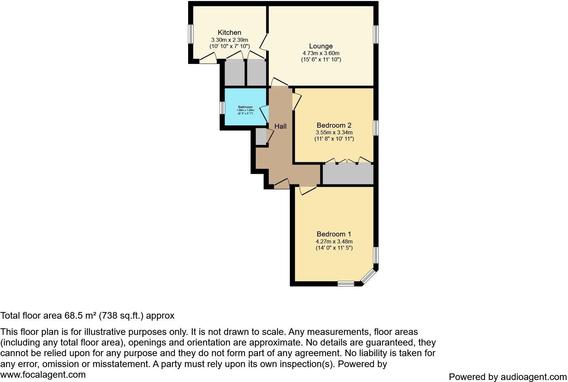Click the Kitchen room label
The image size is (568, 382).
pos(229,32)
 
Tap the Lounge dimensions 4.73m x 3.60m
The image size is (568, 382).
pos(321,53)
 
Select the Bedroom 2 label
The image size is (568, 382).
pos(334,125)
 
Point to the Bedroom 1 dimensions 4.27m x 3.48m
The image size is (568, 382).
pos(334,241)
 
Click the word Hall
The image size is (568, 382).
pos(280,126)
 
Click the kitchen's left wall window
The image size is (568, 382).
pos(191,34)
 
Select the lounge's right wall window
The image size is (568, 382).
pos(376,34)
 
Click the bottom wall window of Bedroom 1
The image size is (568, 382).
pos(346,284)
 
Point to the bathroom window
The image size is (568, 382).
pos(222,108)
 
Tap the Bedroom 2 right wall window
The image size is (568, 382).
pos(376,128)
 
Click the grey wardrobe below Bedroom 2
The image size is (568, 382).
pos(348,174)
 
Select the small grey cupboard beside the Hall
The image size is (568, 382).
pos(261,136)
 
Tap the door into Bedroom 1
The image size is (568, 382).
pos(308,190)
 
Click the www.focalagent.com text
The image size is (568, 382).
pos(43,375)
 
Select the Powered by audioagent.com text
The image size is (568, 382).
pos(508,377)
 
